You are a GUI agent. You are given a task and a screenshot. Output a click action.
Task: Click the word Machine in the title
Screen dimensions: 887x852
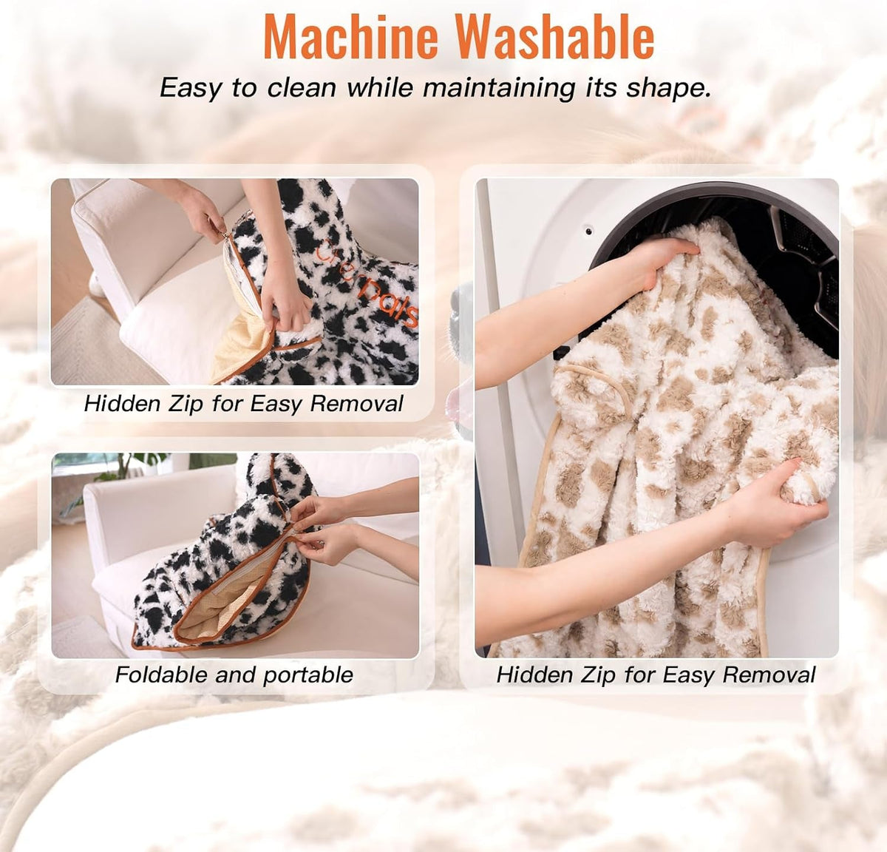[350, 36]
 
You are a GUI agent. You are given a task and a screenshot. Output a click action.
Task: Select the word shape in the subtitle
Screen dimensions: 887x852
[668, 88]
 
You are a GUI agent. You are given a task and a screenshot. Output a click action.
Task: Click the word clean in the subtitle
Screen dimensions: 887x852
[302, 87]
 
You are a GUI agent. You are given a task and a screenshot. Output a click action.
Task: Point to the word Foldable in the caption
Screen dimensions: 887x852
[161, 675]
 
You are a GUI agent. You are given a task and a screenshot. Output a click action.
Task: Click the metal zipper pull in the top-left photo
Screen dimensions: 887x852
[225, 235]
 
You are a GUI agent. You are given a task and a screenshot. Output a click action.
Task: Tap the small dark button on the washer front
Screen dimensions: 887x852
[589, 231]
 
